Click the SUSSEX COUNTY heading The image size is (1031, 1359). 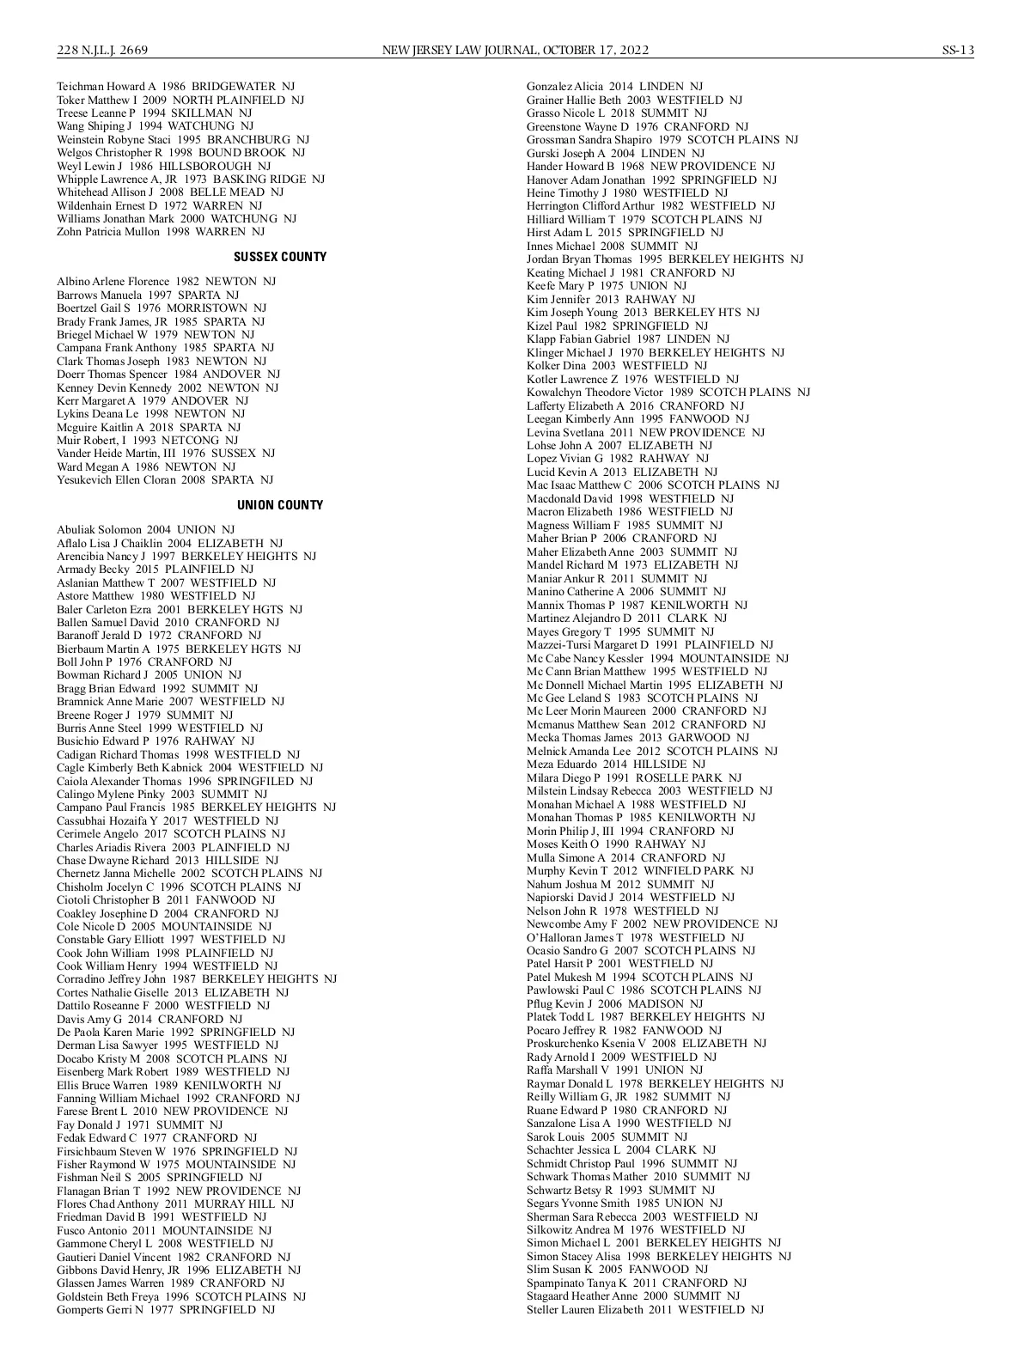coord(280,257)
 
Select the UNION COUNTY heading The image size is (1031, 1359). coord(280,505)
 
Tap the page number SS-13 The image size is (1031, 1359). coord(957,50)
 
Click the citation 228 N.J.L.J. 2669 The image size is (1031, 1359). coord(102,50)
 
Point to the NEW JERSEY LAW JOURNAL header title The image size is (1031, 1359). coord(515,50)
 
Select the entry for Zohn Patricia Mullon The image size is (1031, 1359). coord(161,232)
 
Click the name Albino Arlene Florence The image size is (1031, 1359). coord(114,282)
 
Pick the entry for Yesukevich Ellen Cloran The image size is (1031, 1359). coord(165,480)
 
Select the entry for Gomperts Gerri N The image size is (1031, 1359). coord(166,1310)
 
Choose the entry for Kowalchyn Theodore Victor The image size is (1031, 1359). coord(668,393)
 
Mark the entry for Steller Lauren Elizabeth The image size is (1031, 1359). coord(644,1310)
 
